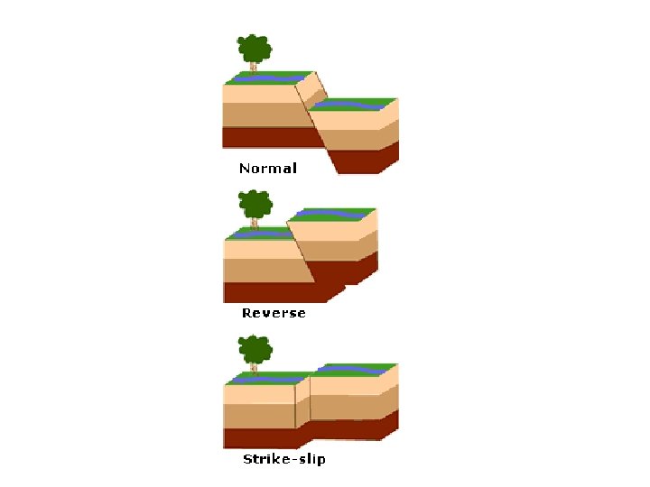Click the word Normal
tap(267, 168)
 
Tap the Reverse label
tap(274, 313)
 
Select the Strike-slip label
tap(283, 459)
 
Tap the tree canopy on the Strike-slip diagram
tap(254, 349)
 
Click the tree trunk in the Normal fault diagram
tap(254, 68)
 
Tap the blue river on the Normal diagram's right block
tap(352, 106)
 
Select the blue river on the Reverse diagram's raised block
tap(330, 215)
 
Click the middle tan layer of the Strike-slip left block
tap(260, 415)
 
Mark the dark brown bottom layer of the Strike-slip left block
tap(260, 438)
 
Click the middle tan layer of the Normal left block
tap(262, 115)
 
